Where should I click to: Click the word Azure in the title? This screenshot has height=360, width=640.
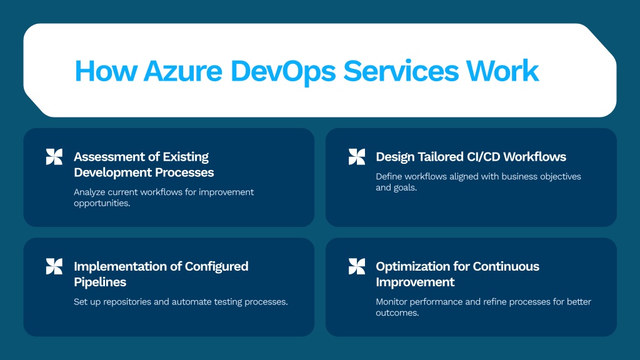click(182, 71)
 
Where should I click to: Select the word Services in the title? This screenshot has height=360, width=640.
click(401, 71)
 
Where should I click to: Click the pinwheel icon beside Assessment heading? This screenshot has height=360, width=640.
click(54, 157)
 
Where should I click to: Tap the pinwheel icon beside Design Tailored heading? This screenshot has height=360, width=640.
click(357, 157)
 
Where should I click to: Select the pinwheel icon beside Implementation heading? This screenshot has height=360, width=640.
click(54, 266)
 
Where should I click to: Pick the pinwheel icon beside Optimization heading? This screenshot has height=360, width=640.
click(357, 266)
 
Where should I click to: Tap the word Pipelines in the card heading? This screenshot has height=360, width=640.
click(100, 282)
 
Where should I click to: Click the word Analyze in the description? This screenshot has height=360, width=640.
click(89, 192)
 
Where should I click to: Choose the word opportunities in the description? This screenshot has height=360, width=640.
click(102, 203)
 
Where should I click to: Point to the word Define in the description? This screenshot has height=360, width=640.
click(389, 176)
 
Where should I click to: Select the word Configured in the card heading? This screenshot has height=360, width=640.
click(216, 267)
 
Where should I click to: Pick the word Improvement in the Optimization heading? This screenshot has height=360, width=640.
click(415, 282)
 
